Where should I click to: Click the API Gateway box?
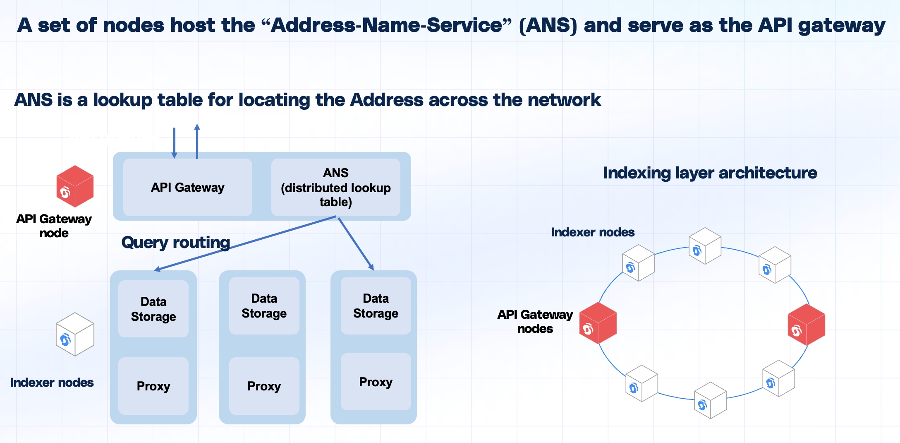[187, 187]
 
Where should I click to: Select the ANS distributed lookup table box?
[335, 187]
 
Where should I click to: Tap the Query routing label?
[175, 242]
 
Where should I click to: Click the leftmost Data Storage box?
[153, 309]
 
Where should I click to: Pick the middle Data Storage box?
[264, 306]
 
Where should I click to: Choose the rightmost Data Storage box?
[376, 306]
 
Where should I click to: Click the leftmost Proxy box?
[153, 386]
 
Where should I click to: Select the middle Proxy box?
[264, 386]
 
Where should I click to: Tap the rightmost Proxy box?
[376, 382]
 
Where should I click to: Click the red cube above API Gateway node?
[75, 186]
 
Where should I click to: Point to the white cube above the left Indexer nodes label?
[75, 334]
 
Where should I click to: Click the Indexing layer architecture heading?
[710, 173]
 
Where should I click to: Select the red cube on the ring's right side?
[806, 325]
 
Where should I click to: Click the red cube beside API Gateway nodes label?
[598, 323]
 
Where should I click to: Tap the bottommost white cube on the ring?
[710, 400]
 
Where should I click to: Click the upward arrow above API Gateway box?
[197, 141]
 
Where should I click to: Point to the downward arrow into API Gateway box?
[174, 143]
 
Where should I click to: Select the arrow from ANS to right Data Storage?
[356, 244]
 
